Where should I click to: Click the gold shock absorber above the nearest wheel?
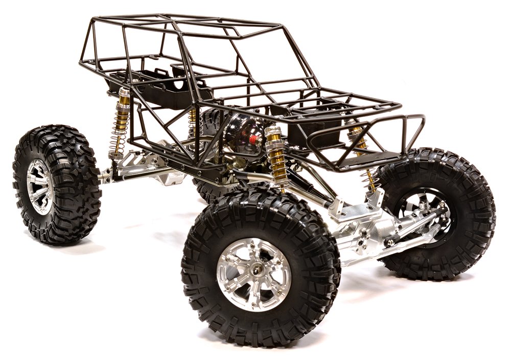(278, 158)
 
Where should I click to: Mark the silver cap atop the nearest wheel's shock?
(273, 131)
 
